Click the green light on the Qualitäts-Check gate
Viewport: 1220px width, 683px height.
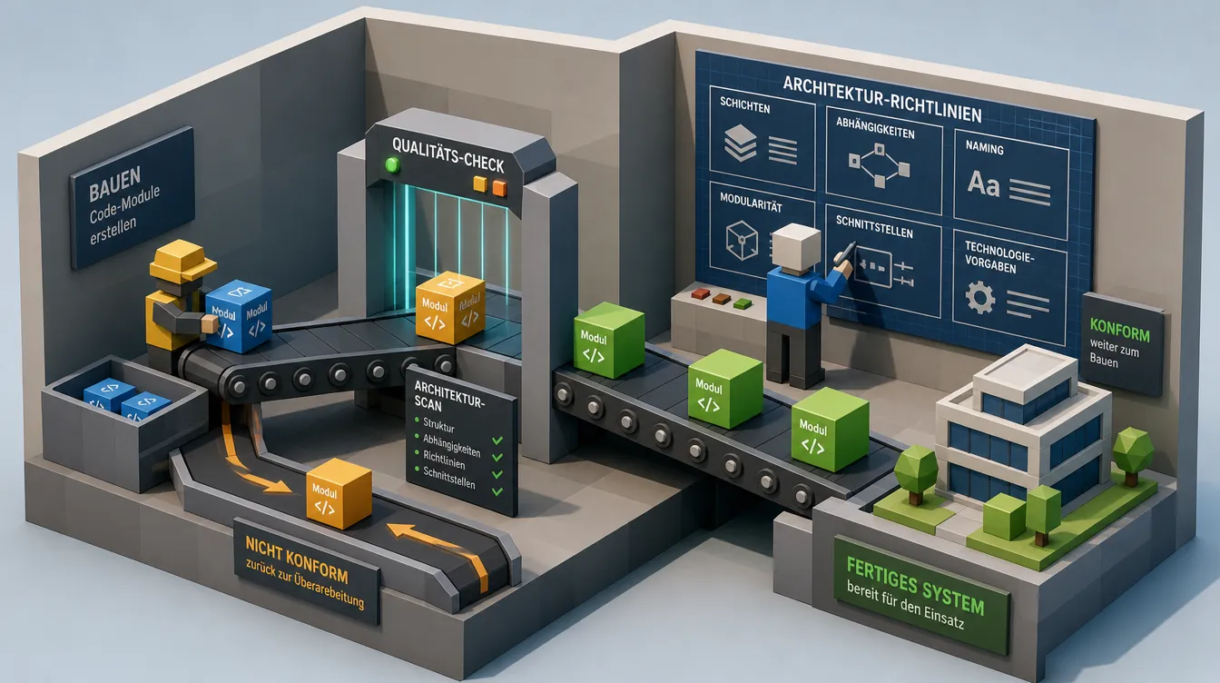tap(391, 164)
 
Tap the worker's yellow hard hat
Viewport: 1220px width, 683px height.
tap(182, 260)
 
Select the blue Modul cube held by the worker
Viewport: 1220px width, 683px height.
tap(239, 316)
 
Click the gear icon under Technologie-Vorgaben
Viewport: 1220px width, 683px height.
tap(979, 297)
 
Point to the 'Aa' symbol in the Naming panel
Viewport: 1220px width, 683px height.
tap(983, 183)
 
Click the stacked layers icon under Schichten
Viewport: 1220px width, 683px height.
tap(740, 143)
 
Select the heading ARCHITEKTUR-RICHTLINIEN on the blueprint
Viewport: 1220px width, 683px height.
tap(882, 99)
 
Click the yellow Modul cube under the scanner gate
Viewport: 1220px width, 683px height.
tap(450, 307)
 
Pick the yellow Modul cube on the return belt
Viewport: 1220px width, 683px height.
tap(339, 493)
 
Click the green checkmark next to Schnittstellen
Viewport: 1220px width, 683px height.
tap(497, 491)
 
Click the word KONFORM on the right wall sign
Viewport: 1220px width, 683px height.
tap(1119, 331)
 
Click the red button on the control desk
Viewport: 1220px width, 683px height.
tap(701, 293)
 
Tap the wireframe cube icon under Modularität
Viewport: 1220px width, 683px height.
tap(742, 240)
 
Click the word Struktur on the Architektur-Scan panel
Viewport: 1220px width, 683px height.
tap(438, 425)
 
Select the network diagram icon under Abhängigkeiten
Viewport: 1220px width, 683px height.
tap(879, 165)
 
